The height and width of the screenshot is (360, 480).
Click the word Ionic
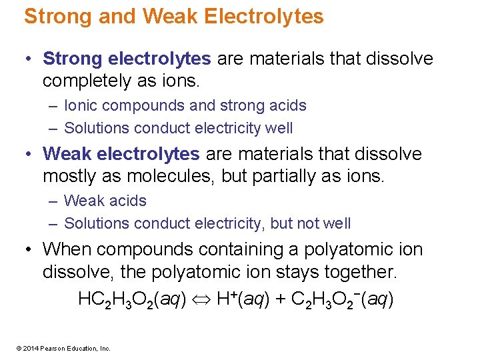point(81,105)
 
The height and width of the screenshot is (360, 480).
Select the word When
point(64,249)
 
